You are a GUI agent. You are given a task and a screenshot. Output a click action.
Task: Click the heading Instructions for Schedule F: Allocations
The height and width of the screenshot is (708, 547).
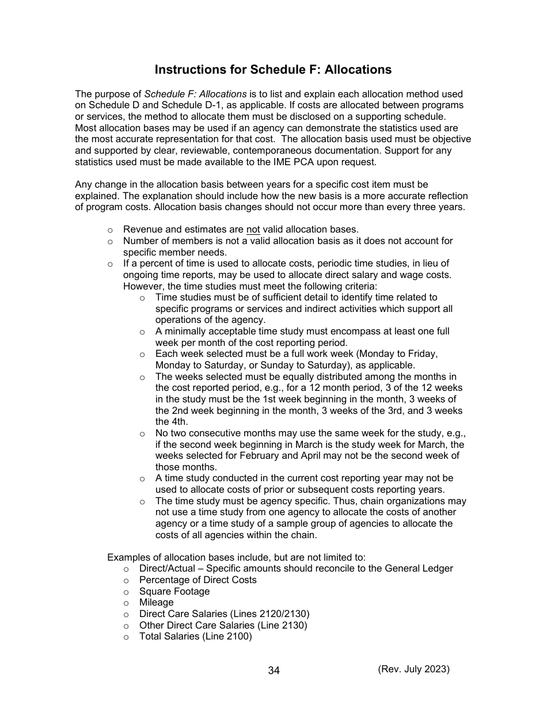(x=273, y=70)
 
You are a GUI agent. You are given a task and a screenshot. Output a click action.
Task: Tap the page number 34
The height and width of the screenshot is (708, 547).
(x=273, y=671)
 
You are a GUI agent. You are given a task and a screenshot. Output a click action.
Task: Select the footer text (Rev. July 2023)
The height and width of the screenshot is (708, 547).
(x=413, y=669)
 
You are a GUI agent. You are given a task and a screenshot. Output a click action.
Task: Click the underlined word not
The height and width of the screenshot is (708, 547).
(x=253, y=230)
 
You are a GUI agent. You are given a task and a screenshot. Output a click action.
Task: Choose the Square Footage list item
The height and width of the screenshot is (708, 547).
(x=174, y=591)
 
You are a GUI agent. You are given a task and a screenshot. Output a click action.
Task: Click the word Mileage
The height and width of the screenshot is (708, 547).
(x=156, y=602)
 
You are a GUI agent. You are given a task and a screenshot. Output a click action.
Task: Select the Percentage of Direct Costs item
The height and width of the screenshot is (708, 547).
(x=197, y=580)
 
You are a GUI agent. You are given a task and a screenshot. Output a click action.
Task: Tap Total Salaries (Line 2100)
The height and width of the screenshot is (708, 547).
(x=195, y=636)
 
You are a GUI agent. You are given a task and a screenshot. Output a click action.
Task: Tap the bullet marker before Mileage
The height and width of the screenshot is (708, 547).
(x=126, y=603)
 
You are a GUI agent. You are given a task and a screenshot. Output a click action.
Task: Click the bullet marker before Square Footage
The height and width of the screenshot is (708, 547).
(x=126, y=592)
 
